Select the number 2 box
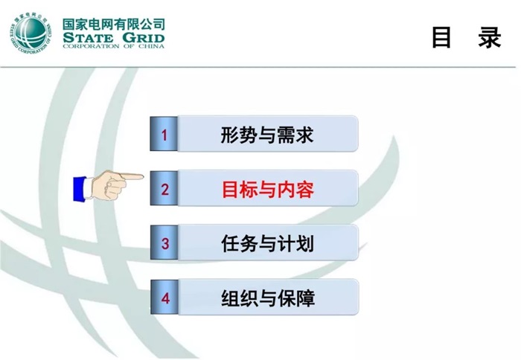pos(164,189)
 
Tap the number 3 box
pos(164,243)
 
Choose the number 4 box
pos(164,298)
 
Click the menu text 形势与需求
pos(267,135)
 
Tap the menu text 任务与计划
pos(267,243)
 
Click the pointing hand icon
pos(108,184)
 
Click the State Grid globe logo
pos(31,33)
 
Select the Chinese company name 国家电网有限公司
pos(114,22)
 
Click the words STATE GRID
pos(114,37)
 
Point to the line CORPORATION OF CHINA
pos(114,47)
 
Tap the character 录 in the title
pos(490,38)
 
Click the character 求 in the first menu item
pos(304,135)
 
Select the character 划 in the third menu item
pos(304,243)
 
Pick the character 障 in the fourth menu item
pos(305,298)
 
